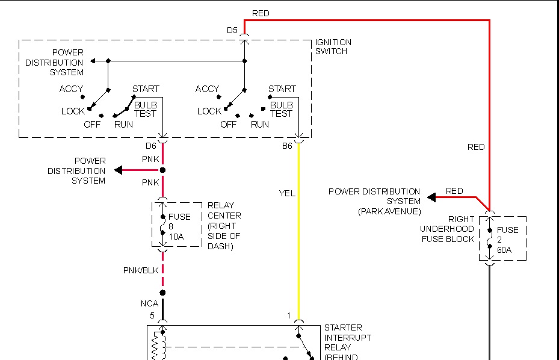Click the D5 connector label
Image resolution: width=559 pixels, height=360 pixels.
pyautogui.click(x=232, y=29)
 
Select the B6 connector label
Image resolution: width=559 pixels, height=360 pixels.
pyautogui.click(x=288, y=146)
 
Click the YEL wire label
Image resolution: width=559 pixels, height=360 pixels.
pyautogui.click(x=287, y=193)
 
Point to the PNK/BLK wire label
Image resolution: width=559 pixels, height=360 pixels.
pyautogui.click(x=141, y=270)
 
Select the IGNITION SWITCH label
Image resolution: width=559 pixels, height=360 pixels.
pyautogui.click(x=333, y=47)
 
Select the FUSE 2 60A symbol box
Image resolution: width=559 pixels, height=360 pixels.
pyautogui.click(x=502, y=239)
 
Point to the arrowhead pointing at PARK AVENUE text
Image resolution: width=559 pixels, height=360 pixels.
pyautogui.click(x=431, y=197)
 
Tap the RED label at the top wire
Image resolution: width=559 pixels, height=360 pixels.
pyautogui.click(x=261, y=13)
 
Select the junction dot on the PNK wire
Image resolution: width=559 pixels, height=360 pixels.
pyautogui.click(x=162, y=170)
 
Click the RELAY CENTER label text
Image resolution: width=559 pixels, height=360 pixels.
pyautogui.click(x=224, y=225)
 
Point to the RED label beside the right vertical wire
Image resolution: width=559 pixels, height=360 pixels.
pyautogui.click(x=476, y=147)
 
